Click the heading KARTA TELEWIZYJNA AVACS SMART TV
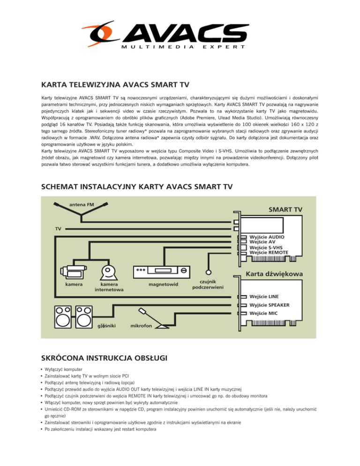[115, 85]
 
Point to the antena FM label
[81, 204]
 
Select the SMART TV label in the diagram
[285, 210]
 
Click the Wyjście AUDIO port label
[267, 237]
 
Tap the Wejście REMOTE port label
[269, 253]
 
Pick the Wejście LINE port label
[263, 297]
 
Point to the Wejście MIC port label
[262, 313]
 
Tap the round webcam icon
[109, 271]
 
